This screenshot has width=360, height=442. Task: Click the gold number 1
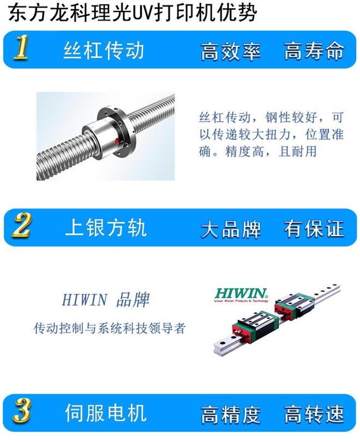click(21, 47)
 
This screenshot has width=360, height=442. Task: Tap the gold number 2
click(22, 225)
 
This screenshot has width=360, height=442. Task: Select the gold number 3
click(22, 411)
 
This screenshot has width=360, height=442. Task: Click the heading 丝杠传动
click(104, 50)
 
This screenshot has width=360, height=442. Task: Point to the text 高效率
click(231, 51)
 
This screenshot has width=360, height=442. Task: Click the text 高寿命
click(314, 51)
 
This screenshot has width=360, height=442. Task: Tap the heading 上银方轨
click(106, 228)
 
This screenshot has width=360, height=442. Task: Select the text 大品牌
click(231, 229)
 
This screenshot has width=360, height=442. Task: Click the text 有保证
click(314, 228)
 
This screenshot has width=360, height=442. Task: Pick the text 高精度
click(231, 414)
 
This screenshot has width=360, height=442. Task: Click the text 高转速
click(314, 414)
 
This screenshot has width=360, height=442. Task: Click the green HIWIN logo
click(241, 294)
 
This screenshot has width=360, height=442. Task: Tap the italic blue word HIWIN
click(85, 300)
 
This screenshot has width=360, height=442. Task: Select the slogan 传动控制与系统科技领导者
click(110, 328)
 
